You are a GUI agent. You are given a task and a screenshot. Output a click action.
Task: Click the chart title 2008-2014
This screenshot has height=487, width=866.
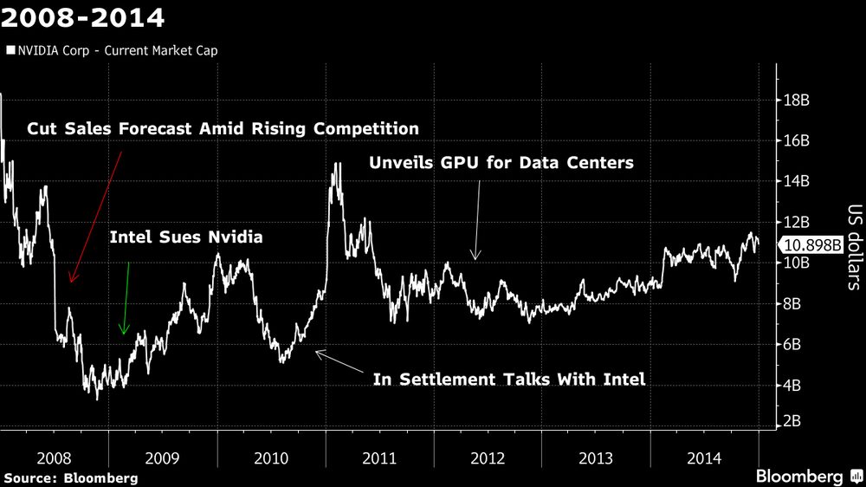coord(83,16)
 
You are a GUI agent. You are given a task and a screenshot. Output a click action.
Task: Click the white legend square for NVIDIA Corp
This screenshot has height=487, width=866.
coord(10,50)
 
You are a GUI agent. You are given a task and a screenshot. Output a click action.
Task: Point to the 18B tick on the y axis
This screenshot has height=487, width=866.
coord(796,100)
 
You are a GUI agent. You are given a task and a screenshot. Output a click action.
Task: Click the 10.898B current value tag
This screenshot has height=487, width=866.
coord(812,245)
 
